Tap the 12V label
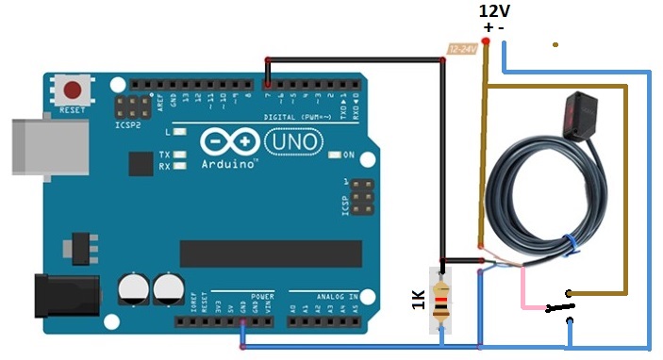click(x=495, y=10)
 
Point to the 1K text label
click(x=419, y=301)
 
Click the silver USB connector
click(x=42, y=146)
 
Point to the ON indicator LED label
click(x=347, y=155)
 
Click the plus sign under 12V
click(x=488, y=27)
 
